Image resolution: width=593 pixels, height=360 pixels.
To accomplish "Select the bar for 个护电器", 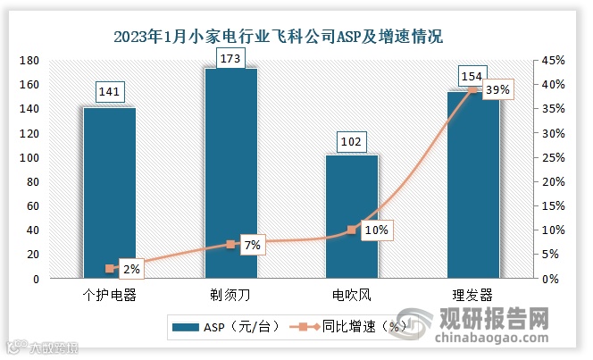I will coord(109,192).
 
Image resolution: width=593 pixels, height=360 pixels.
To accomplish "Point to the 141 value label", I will coord(109,91).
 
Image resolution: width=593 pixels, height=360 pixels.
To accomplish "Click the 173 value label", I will coord(230,57).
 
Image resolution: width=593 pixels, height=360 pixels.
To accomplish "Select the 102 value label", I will coord(352,140).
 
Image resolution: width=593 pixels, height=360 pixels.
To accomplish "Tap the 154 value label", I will coord(473,75).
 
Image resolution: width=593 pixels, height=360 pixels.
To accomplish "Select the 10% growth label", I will coord(376,230).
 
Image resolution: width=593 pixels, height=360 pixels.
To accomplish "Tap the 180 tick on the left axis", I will coord(29,60).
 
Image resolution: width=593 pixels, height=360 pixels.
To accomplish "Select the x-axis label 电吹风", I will coord(352,294).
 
